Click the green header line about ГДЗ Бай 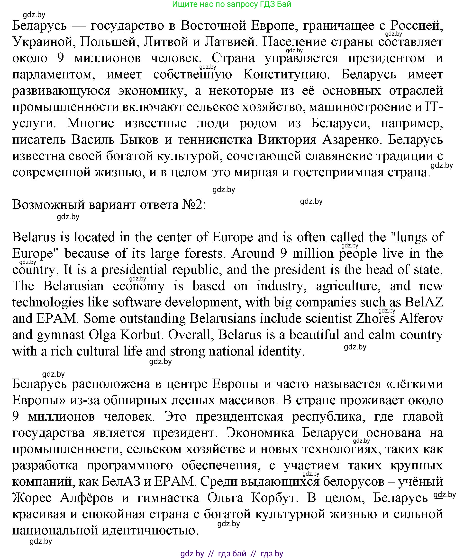click(x=231, y=4)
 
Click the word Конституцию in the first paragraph click(x=286, y=75)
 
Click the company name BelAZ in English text click(x=424, y=302)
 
